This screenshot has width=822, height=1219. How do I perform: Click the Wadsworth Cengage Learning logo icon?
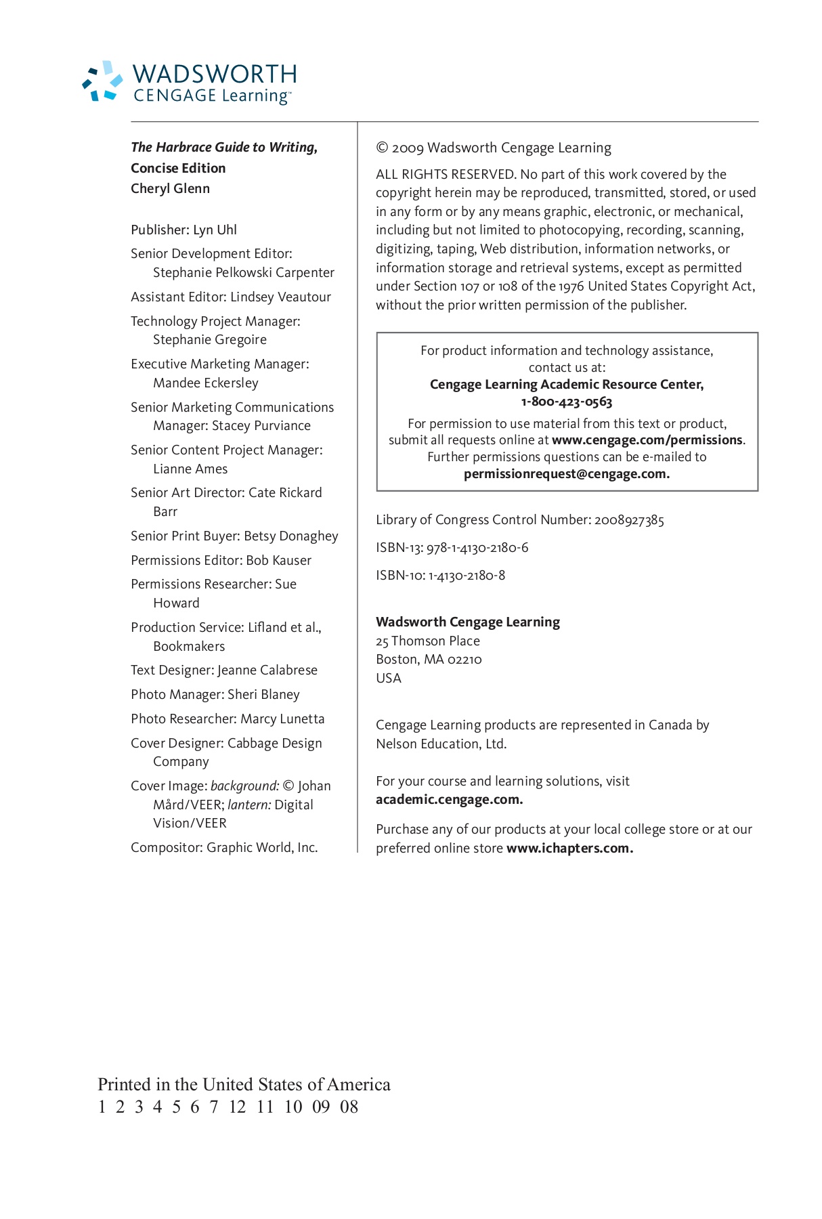(x=103, y=81)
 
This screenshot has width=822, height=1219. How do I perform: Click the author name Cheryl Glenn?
(x=170, y=188)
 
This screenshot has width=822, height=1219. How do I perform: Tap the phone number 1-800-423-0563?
(x=567, y=402)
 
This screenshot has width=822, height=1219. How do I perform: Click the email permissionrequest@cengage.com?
(x=566, y=474)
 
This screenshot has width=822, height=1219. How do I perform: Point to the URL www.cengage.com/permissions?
(x=647, y=440)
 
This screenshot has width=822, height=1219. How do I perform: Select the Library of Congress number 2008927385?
(x=629, y=520)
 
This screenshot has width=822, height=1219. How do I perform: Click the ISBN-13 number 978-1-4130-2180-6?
(x=477, y=548)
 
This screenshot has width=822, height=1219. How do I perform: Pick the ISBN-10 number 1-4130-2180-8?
(x=467, y=576)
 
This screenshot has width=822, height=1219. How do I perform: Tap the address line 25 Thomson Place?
(x=428, y=641)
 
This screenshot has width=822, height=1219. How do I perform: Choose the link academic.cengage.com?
(x=449, y=800)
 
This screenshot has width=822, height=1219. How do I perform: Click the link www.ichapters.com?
(x=569, y=849)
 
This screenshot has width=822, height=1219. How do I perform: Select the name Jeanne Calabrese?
(x=267, y=670)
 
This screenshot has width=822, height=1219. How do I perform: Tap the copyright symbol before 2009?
(x=382, y=148)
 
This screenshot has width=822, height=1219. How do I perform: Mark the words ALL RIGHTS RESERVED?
(x=446, y=175)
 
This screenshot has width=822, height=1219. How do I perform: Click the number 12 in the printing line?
(x=237, y=1107)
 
